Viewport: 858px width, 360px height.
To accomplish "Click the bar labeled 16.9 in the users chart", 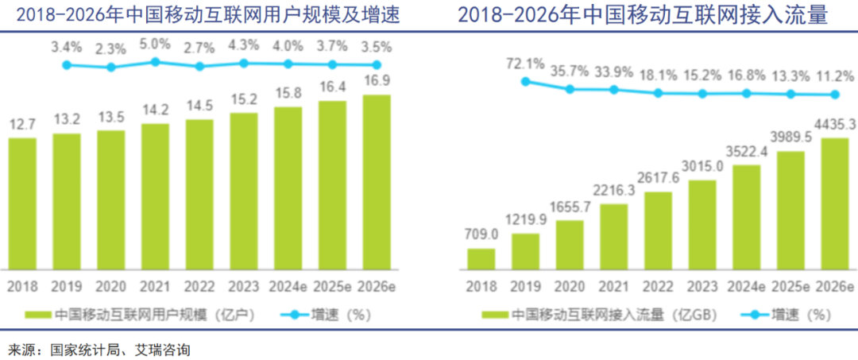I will coord(377,183).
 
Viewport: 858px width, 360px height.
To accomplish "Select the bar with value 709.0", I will coord(481,259).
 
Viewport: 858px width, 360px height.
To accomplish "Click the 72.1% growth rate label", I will coord(525,63).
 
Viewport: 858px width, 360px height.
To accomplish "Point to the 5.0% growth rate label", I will coord(156,44).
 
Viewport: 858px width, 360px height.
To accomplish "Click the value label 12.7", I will coord(23,125).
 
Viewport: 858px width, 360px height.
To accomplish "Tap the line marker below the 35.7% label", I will coord(570,89).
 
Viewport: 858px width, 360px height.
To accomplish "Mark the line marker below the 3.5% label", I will coord(377,65).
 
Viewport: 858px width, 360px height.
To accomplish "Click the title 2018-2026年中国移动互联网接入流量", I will coord(643,15).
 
